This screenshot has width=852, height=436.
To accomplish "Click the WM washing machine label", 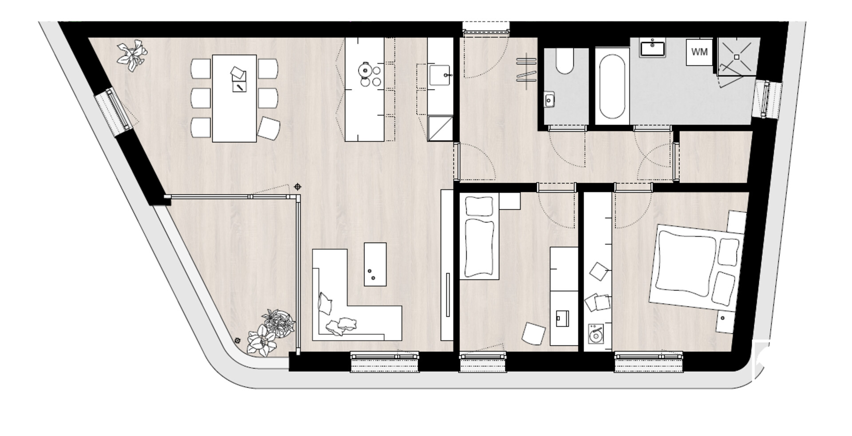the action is point(699,52).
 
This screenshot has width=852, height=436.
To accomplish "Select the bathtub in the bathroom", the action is point(612,86).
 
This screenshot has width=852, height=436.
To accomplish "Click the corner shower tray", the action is point(737,56).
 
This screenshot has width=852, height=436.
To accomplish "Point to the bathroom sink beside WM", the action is point(652,47).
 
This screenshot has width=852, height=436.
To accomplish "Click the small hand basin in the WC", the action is point(549,100).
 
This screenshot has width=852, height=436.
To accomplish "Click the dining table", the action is point(234,98).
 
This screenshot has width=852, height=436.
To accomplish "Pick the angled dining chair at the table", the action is point(269,128).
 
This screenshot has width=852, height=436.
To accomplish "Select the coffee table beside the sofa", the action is point(375,264).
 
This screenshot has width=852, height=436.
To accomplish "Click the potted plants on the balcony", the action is point(270,333).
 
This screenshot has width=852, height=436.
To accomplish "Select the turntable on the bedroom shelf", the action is point(595,334).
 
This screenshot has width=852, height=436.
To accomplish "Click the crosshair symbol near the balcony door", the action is point(298,187).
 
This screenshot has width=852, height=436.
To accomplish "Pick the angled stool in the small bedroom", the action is point(533,333).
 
